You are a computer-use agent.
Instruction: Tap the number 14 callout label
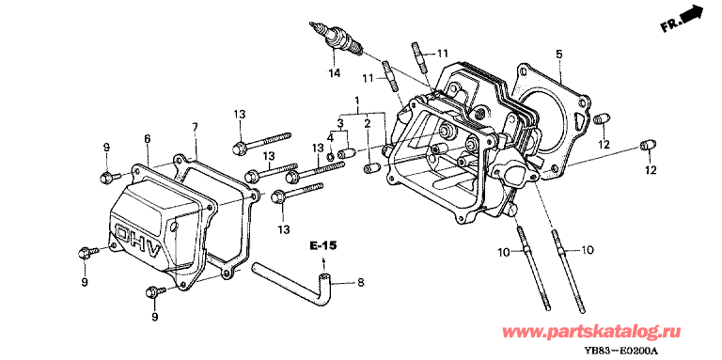(x=335, y=72)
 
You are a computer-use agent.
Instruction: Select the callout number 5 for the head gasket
(x=559, y=55)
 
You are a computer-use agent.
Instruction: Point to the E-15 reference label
(x=322, y=246)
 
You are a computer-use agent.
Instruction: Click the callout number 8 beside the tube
(x=360, y=283)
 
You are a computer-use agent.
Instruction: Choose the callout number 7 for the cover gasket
(x=195, y=128)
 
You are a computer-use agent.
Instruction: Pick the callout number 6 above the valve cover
(x=148, y=138)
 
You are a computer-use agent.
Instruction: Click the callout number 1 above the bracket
(x=357, y=100)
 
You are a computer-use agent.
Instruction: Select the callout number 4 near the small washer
(x=331, y=137)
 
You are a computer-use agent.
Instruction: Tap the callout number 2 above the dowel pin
(x=368, y=123)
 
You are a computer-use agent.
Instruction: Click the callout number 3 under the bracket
(x=340, y=123)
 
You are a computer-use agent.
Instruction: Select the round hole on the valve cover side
(x=173, y=227)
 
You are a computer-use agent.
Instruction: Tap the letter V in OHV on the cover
(x=153, y=252)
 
